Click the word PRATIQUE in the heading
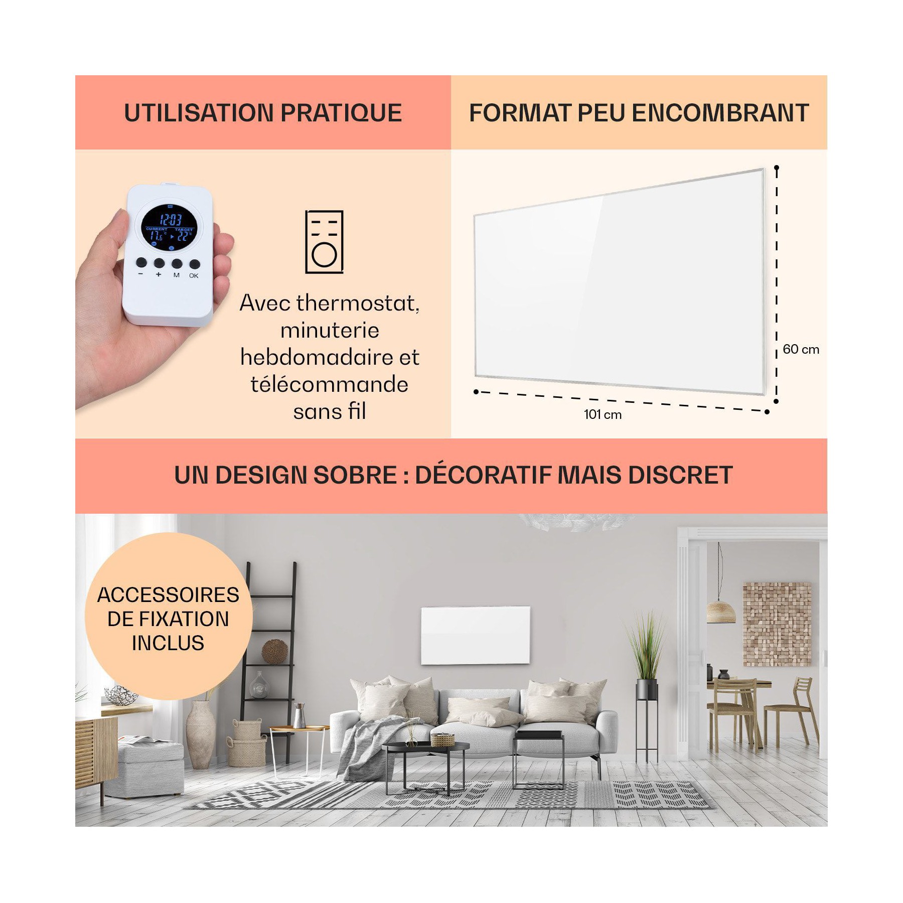click(341, 113)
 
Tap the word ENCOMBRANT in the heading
click(720, 113)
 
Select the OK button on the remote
click(195, 264)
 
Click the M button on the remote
click(177, 263)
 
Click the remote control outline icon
click(325, 242)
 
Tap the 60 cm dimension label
click(801, 349)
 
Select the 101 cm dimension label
click(603, 414)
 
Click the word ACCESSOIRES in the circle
click(168, 595)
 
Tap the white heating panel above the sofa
click(475, 635)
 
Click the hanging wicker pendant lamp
click(721, 612)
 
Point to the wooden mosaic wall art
click(777, 624)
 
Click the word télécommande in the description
click(330, 385)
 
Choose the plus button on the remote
click(159, 263)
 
